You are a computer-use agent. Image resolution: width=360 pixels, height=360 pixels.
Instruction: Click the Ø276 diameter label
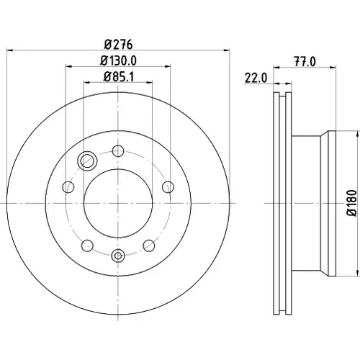point(118,45)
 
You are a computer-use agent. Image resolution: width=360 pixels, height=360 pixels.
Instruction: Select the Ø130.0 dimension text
point(118,60)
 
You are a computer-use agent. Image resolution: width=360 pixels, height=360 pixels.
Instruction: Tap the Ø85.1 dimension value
point(119,77)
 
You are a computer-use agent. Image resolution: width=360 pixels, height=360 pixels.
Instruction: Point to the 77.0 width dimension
point(305,62)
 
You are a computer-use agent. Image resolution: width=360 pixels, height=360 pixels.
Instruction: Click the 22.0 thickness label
point(256,78)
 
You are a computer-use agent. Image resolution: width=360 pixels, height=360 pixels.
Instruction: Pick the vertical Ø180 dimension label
point(353,203)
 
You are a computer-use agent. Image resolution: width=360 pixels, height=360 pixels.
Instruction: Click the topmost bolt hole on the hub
point(118,151)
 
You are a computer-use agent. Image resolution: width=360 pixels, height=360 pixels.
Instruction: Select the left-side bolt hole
point(68,187)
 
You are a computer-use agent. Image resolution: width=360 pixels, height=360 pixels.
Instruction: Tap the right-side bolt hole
point(168,187)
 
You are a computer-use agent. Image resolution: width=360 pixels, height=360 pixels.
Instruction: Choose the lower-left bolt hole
point(87,246)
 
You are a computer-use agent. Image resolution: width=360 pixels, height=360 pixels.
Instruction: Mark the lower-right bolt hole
point(149,246)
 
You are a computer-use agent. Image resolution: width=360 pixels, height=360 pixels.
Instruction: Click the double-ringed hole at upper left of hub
point(87,161)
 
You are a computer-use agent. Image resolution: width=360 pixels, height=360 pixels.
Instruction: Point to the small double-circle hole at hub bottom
point(118,256)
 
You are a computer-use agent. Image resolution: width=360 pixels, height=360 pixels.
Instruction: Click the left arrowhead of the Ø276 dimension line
point(9,50)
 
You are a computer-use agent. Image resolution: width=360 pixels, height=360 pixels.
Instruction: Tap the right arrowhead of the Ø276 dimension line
point(227,50)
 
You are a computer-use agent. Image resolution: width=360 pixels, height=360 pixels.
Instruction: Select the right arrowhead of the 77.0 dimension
point(333,68)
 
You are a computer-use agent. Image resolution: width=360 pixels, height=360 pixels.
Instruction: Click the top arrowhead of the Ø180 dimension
point(359,134)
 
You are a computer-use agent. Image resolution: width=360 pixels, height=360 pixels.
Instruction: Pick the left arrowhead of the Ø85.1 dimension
point(86,83)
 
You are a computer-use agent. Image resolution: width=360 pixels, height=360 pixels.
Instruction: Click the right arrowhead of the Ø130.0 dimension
point(167,66)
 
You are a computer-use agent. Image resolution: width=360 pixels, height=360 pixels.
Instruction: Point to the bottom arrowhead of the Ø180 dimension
point(359,274)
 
